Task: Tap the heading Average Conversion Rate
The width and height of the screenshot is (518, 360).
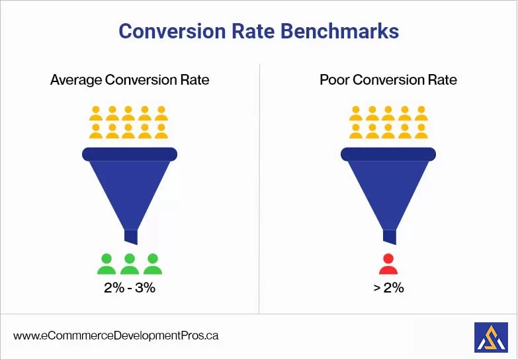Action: (130, 81)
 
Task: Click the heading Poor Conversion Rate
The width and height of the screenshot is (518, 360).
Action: (388, 81)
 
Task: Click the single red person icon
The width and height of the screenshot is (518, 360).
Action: (388, 264)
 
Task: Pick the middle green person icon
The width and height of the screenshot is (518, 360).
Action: (130, 264)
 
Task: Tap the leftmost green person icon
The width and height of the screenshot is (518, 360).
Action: (107, 264)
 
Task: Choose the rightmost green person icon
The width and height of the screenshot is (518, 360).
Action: (153, 264)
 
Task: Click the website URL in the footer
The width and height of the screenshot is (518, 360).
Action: (116, 336)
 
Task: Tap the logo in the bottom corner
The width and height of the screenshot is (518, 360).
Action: (491, 337)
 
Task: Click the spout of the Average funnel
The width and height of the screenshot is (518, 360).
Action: (130, 236)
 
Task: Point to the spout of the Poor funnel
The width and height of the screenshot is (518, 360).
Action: (389, 236)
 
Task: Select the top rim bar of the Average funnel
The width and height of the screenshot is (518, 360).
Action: (130, 154)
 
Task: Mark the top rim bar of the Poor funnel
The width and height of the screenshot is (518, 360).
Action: (388, 154)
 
